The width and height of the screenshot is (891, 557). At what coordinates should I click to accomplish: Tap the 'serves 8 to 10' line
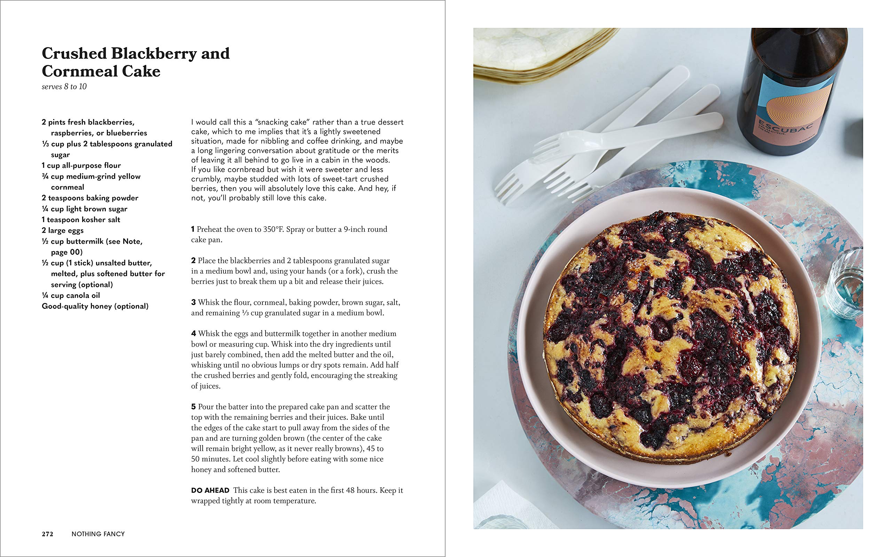click(64, 87)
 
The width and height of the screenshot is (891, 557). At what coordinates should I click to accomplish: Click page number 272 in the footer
click(47, 534)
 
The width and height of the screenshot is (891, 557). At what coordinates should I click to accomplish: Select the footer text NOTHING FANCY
click(98, 534)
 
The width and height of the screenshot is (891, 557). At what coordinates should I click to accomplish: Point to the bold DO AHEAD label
click(210, 490)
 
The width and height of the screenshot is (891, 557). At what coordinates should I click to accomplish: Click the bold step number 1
click(193, 229)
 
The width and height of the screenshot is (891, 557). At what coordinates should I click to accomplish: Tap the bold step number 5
click(193, 407)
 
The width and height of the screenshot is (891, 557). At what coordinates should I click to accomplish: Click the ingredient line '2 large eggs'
click(63, 230)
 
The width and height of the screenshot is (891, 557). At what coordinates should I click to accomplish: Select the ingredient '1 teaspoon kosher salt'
click(81, 220)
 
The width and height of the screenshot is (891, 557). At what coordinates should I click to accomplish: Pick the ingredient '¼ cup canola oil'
click(71, 296)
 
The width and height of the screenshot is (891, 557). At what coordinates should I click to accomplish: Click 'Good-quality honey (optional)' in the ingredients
click(95, 306)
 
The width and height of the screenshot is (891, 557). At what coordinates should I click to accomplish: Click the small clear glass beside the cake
click(845, 284)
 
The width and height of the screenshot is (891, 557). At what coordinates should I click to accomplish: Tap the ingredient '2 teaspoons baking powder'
click(90, 198)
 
